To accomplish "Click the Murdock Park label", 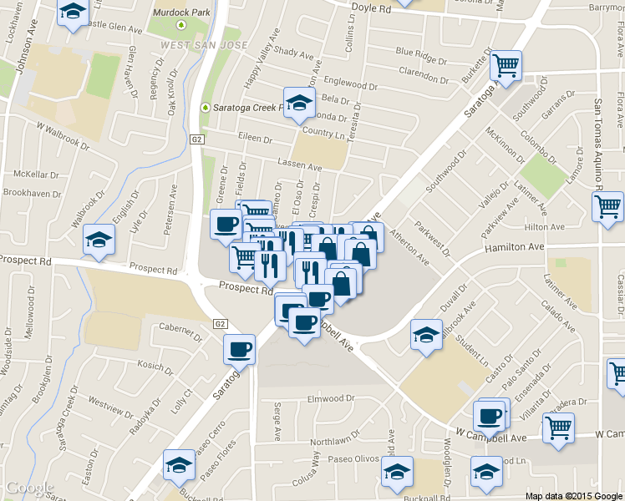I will click(x=176, y=13).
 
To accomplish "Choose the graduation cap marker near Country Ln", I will click(x=298, y=104).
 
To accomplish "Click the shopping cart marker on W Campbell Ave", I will click(x=558, y=428).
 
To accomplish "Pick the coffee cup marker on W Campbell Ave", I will click(x=490, y=415).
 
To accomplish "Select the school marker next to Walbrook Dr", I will click(x=99, y=240).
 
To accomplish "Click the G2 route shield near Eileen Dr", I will click(x=197, y=139).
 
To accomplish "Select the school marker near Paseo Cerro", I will click(x=179, y=467).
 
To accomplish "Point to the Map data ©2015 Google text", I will click(x=573, y=495).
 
